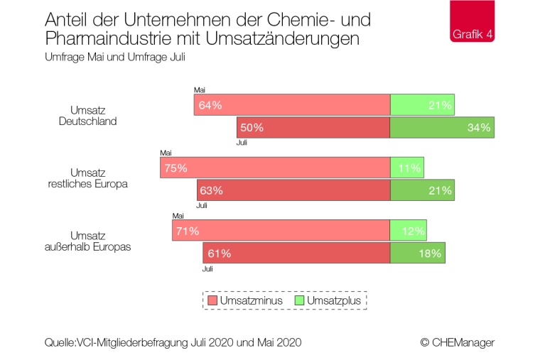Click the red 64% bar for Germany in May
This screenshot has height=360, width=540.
click(292, 105)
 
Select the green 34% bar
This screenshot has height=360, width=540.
click(442, 128)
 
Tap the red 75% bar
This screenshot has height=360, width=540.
click(275, 168)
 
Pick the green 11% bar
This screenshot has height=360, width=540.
click(408, 168)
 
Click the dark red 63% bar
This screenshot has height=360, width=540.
click(293, 190)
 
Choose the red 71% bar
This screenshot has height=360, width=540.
click(281, 230)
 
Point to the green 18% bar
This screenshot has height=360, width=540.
click(418, 252)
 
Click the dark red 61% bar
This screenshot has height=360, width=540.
click(296, 252)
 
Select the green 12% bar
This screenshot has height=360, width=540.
click(409, 230)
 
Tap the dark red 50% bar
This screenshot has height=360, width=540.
click(313, 128)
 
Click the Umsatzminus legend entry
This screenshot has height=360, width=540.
click(245, 300)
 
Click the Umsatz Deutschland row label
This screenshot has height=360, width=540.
click(87, 116)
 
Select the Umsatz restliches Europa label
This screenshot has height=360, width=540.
click(87, 178)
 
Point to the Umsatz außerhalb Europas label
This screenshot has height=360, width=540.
click(87, 241)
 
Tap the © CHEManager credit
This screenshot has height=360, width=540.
click(457, 342)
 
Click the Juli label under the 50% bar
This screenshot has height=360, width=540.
click(242, 143)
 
